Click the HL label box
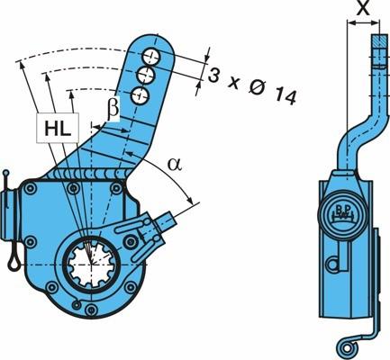tap(58, 128)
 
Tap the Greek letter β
tap(113, 108)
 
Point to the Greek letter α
tap(175, 164)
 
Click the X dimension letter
tap(363, 8)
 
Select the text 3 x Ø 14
tap(252, 85)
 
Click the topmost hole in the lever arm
tap(150, 56)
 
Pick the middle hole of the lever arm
tap(146, 76)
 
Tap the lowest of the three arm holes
tap(141, 95)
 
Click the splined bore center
tap(91, 264)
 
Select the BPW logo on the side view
tap(342, 211)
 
